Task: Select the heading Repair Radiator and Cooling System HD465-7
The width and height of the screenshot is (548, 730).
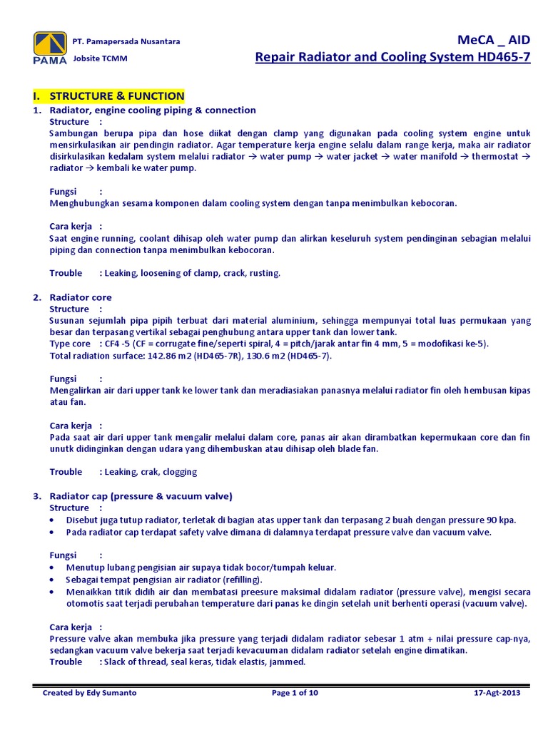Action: (392, 58)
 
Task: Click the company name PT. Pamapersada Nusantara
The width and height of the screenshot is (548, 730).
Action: (126, 41)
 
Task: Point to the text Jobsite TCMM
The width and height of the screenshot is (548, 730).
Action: (100, 58)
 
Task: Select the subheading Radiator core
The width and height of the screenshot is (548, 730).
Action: (81, 297)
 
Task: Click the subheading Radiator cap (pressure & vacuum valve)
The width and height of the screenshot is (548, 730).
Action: (141, 496)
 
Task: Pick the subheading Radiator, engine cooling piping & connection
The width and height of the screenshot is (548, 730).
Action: (152, 110)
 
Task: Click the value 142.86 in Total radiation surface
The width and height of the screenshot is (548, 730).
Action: (165, 356)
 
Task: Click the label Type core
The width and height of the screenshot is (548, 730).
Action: (70, 344)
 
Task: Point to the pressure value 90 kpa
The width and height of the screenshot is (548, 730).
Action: (498, 520)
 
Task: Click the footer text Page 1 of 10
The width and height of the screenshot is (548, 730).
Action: (295, 693)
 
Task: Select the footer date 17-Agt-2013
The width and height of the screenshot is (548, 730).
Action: (497, 693)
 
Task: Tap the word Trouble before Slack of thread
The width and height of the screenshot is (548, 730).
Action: (66, 662)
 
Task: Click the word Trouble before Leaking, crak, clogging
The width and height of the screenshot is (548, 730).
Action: (66, 472)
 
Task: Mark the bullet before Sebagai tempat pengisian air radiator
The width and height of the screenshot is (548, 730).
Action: (53, 580)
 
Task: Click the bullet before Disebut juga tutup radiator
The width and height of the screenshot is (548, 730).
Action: (53, 520)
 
